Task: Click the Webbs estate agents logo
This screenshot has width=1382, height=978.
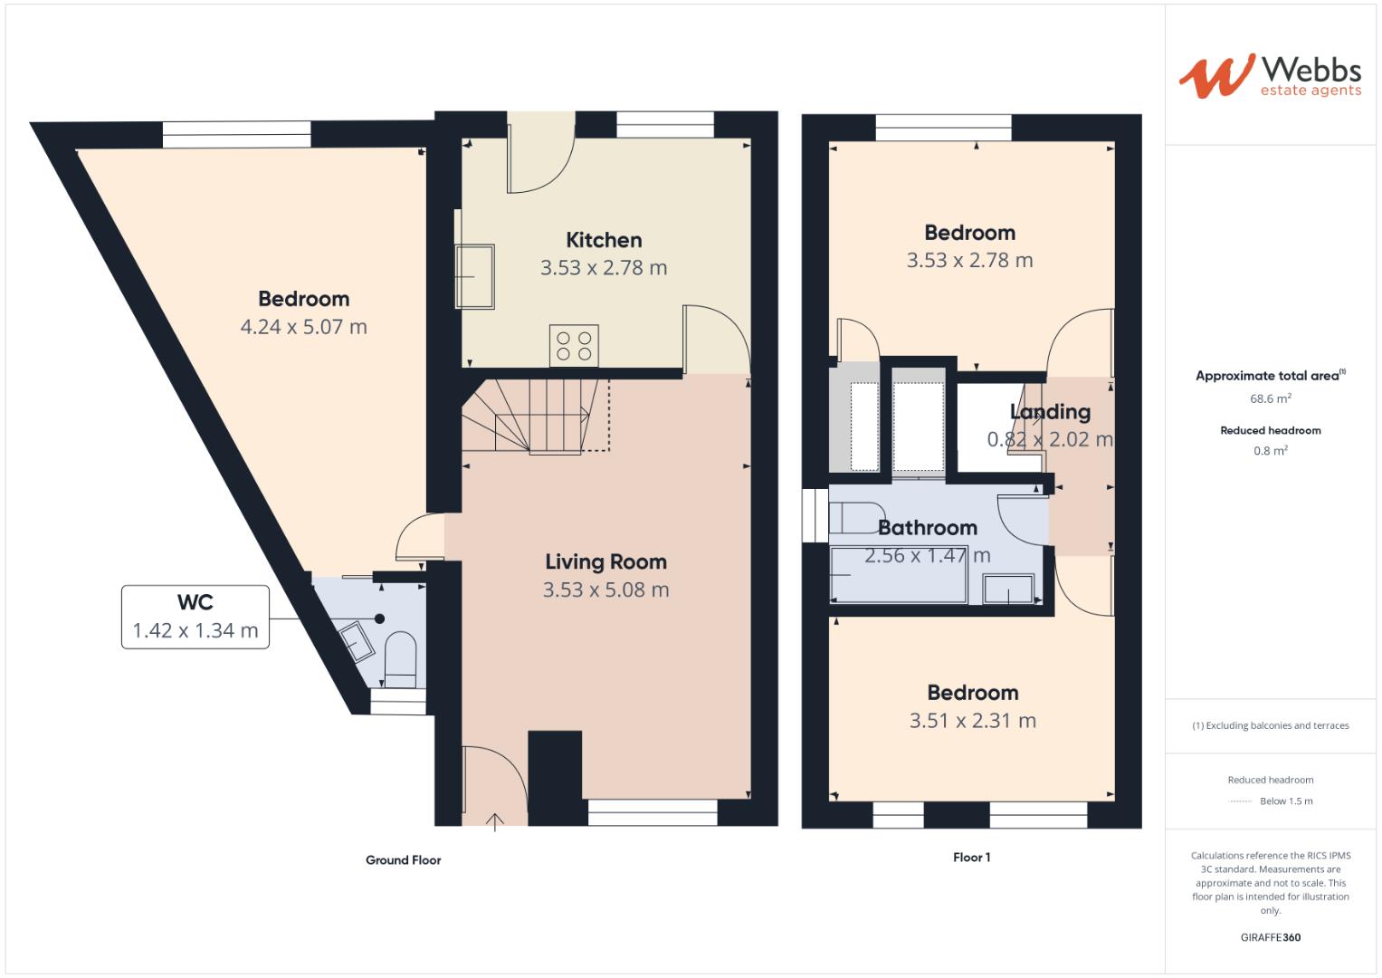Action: (1269, 75)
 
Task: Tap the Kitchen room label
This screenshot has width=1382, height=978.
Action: (604, 240)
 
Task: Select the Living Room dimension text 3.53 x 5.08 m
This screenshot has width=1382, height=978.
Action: (605, 590)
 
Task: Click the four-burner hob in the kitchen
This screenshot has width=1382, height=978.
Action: (574, 346)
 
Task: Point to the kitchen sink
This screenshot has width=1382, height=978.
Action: (475, 275)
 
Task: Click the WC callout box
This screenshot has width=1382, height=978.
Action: (195, 617)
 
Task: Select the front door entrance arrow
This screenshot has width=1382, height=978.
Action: (495, 821)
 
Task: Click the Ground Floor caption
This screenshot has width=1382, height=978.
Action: (403, 860)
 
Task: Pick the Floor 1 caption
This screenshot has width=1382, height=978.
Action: (971, 858)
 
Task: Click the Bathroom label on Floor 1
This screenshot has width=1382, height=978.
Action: (928, 528)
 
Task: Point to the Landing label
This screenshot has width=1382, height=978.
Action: (1050, 412)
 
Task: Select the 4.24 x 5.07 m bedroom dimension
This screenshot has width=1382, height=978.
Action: (303, 327)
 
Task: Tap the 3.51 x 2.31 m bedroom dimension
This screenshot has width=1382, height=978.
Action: (972, 721)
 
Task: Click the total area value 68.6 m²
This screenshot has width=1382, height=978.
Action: (1270, 398)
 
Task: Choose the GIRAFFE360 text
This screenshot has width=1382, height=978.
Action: (1270, 937)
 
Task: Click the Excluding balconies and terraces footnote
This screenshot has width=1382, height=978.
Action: (1270, 725)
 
